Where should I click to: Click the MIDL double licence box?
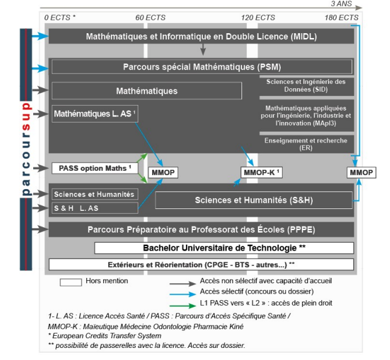pos(201,36)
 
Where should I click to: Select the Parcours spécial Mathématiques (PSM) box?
pos(202,66)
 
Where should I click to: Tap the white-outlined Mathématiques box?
pos(147,91)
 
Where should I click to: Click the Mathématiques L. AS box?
pos(95,114)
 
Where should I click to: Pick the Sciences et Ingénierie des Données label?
pos(305,86)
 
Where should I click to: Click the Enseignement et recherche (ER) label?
pos(305,144)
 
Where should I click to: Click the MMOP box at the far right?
pos(361,173)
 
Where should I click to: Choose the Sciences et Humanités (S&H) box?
pos(254,200)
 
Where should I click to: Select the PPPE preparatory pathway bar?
pos(201,230)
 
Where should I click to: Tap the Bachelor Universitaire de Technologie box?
pos(224,248)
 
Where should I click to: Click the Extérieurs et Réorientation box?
pos(201,265)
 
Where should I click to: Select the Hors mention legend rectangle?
pos(71,281)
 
